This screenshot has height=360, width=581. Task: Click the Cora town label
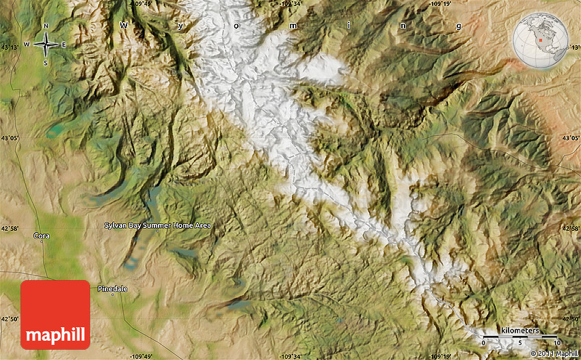coord(41,236)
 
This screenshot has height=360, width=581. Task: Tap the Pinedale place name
coord(112,288)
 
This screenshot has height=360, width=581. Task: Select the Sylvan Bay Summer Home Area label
coord(157,225)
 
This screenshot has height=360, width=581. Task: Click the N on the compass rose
coord(46,27)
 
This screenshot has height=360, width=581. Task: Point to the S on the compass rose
coord(46,63)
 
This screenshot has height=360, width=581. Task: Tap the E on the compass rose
coord(64,45)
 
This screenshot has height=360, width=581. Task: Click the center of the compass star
coord(46,45)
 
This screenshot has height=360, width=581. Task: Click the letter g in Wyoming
coord(459,26)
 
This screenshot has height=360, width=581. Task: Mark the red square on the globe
coord(540,39)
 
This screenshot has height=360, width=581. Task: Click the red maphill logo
coord(55,315)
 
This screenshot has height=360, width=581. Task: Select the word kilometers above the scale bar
coord(519,330)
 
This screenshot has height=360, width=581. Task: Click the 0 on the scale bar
coord(484,342)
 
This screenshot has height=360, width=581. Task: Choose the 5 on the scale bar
coord(519,342)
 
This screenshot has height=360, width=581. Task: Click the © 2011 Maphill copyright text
coord(554,353)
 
